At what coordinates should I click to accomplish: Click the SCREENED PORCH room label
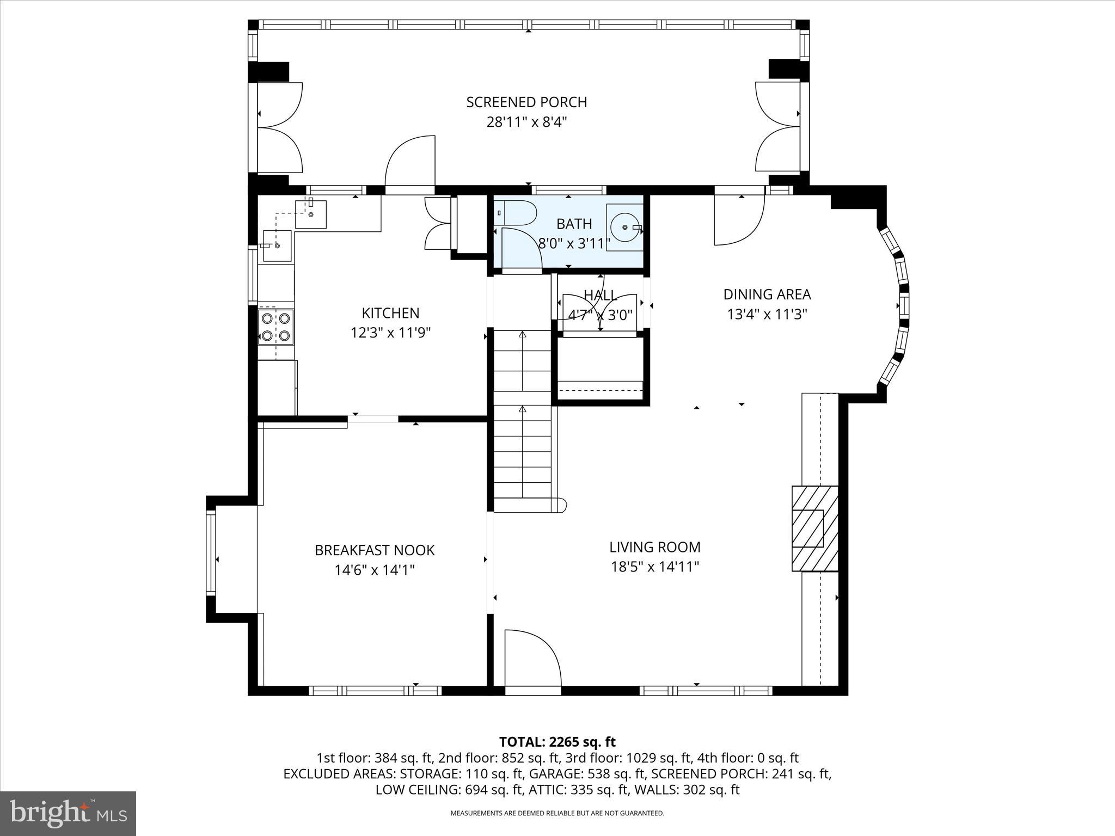(x=526, y=102)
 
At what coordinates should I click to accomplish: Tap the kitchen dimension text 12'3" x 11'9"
(x=390, y=333)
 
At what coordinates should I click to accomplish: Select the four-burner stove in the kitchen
(x=275, y=327)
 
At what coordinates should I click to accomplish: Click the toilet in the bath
(x=515, y=213)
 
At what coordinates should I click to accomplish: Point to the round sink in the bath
(x=624, y=228)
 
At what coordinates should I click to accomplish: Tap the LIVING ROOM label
(x=654, y=547)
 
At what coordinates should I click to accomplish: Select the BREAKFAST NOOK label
(x=375, y=550)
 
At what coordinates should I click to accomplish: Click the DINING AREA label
(x=767, y=294)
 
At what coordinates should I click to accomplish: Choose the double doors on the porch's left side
(x=279, y=127)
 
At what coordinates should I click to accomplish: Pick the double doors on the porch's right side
(x=777, y=127)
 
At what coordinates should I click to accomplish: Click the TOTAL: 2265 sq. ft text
(x=557, y=742)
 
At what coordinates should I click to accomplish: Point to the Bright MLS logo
(x=68, y=813)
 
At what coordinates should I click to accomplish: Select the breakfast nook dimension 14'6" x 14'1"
(x=375, y=570)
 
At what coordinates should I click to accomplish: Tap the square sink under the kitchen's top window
(x=311, y=214)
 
